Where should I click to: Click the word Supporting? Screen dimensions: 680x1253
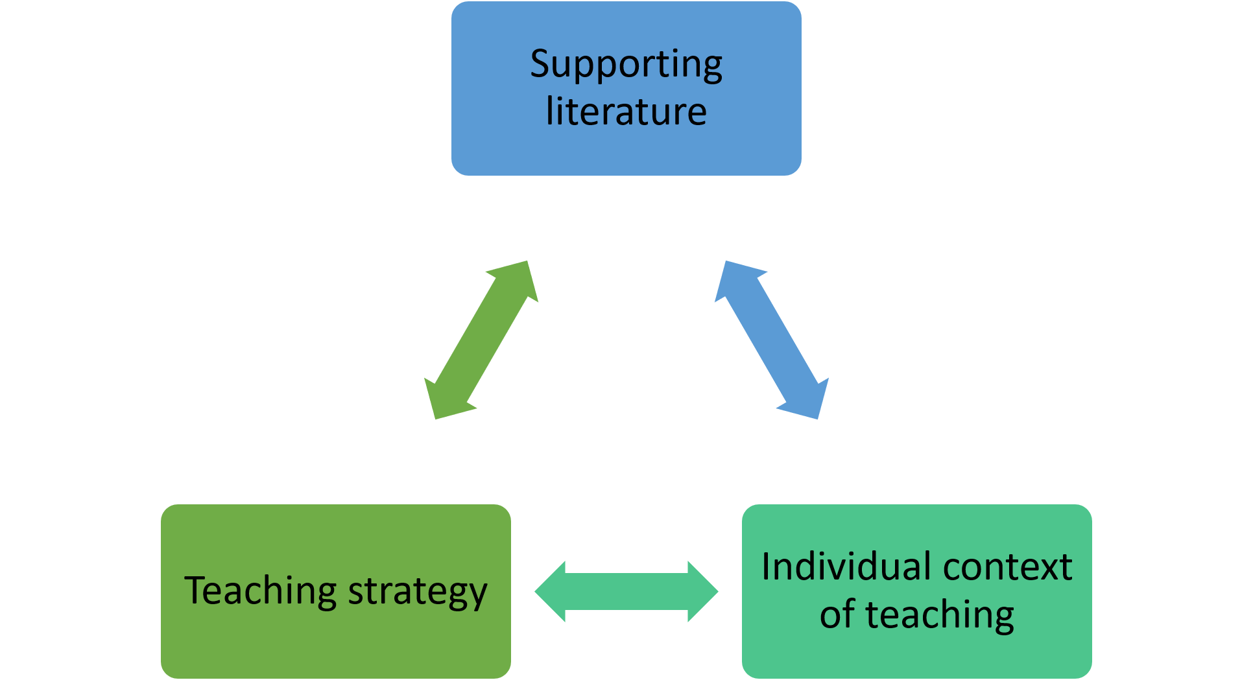[x=626, y=65]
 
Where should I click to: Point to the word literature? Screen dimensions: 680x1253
[x=626, y=111]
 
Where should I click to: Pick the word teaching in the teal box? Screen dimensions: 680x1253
[x=940, y=615]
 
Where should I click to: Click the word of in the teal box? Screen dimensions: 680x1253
[x=837, y=615]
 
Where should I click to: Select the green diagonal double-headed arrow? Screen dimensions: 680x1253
[x=481, y=340]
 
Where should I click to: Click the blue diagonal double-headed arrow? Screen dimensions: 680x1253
[x=772, y=340]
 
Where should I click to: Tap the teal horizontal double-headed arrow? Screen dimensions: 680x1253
[x=626, y=591]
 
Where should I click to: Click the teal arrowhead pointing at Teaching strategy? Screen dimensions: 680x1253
[x=551, y=591]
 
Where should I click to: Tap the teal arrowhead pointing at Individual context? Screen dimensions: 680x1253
[x=702, y=591]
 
